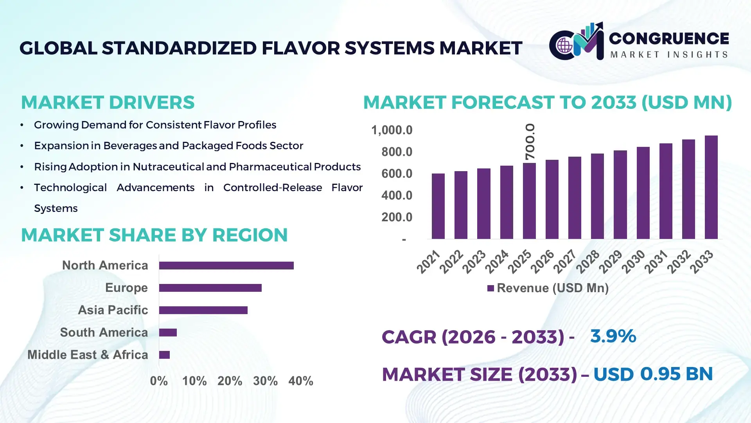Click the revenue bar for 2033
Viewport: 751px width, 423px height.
[711, 187]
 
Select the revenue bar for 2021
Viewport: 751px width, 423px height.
[438, 206]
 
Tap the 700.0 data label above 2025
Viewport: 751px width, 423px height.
[530, 142]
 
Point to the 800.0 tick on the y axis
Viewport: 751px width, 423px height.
[397, 152]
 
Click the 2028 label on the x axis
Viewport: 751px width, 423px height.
[588, 262]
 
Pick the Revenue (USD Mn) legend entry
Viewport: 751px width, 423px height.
[548, 288]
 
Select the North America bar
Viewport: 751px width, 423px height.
[226, 266]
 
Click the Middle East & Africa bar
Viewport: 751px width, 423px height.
[164, 355]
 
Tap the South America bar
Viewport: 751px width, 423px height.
[168, 333]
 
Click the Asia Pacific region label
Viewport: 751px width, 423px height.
[113, 310]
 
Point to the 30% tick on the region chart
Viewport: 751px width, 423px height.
[265, 381]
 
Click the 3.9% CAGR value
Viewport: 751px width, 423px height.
[613, 336]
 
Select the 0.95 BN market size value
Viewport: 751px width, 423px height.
[676, 374]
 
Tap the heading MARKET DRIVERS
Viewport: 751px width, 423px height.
[108, 103]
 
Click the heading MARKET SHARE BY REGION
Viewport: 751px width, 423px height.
[154, 235]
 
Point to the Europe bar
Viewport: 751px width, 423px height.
[210, 288]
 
